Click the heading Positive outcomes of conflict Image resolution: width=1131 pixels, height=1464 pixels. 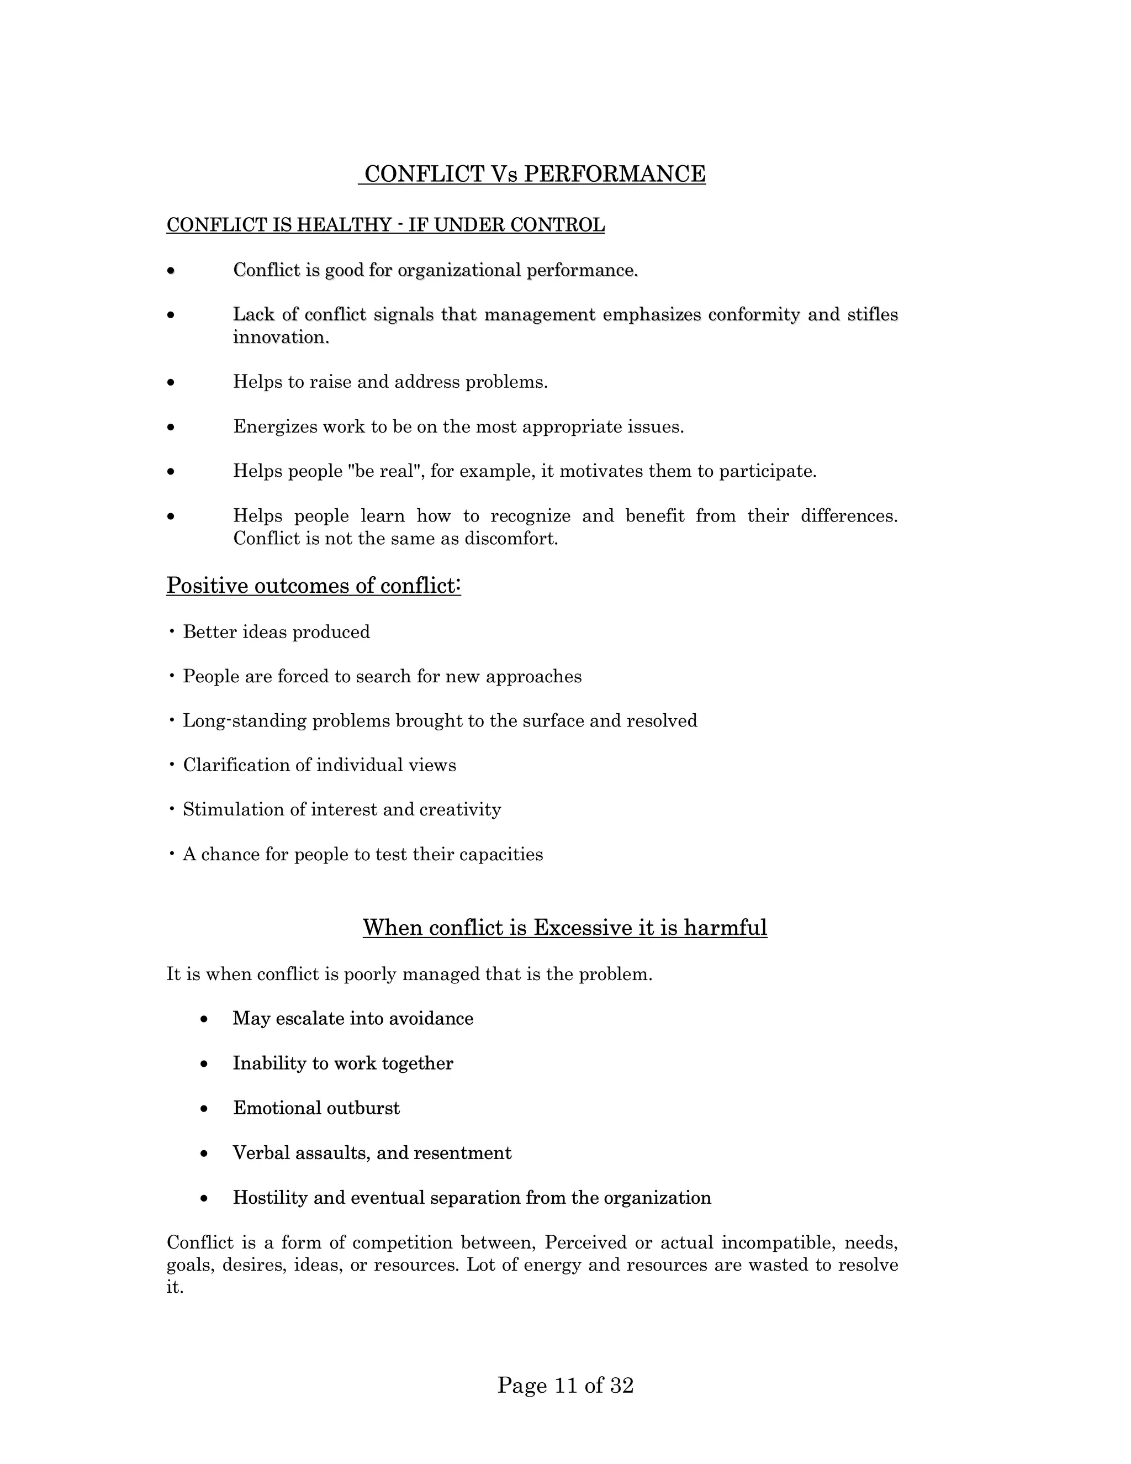[314, 586]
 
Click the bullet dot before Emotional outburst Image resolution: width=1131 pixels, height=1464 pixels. [204, 1109]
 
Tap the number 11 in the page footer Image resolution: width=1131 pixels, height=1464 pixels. [566, 1385]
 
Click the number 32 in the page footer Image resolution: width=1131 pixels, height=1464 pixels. [621, 1385]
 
